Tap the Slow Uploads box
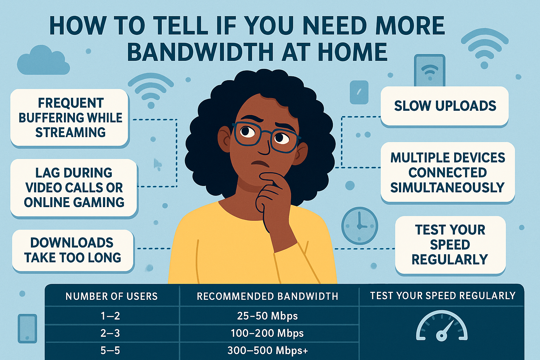[445, 106]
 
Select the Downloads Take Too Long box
[72, 250]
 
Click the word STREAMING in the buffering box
[70, 133]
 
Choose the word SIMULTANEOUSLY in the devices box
[448, 188]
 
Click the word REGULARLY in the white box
[450, 259]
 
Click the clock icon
[359, 225]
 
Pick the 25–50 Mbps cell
[267, 316]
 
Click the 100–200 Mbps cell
[267, 333]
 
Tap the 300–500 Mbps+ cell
[268, 351]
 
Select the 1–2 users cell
[110, 316]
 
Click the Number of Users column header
[111, 296]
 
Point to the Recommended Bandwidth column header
[267, 296]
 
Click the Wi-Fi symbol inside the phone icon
[430, 71]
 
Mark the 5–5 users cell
[110, 351]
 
